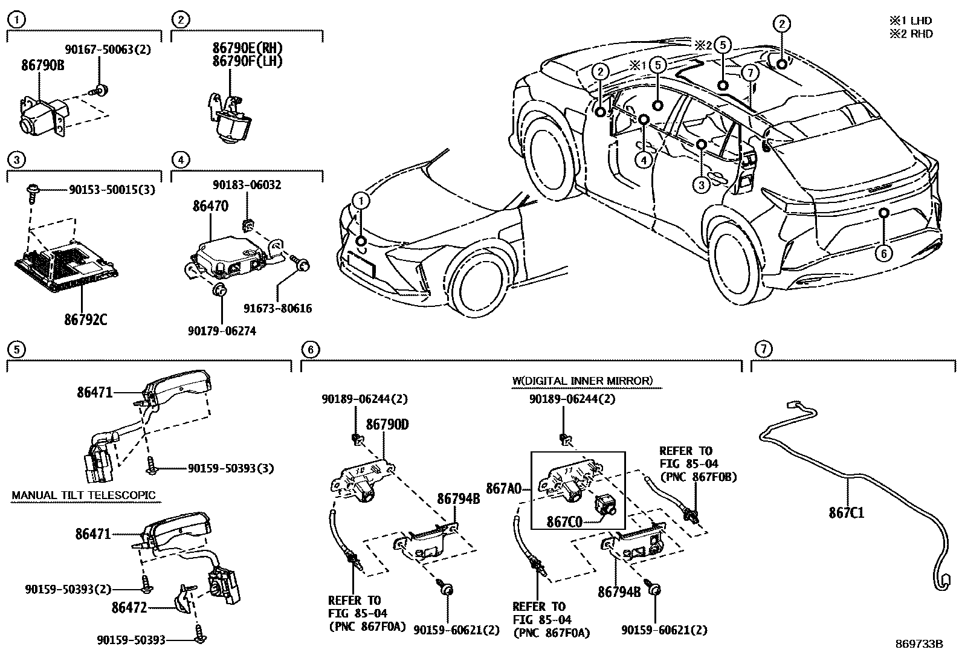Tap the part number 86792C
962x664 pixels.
point(85,319)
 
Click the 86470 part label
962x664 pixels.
point(210,206)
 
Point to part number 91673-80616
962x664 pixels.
point(278,309)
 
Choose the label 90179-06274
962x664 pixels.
point(222,330)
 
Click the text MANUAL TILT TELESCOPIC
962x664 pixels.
point(83,495)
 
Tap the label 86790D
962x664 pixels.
point(387,425)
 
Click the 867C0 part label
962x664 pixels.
point(565,521)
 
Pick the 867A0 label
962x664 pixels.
point(504,487)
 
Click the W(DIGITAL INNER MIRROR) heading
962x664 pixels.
point(581,381)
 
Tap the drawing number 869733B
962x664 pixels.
point(919,643)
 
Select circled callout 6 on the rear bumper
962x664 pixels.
point(883,254)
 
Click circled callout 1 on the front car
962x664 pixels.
point(361,201)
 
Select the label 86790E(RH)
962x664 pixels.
point(247,48)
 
